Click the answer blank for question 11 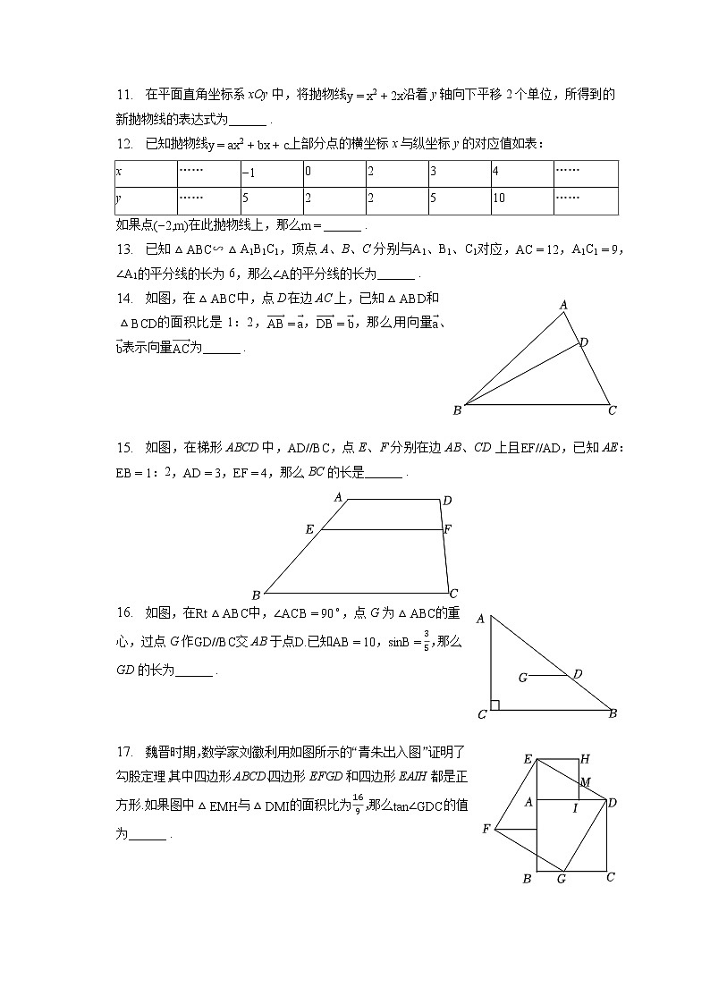[x=253, y=121]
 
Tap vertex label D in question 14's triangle [x=584, y=342]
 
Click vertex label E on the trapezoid [x=309, y=529]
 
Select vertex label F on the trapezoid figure [x=448, y=529]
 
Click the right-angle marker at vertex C [x=494, y=704]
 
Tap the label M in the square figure [x=585, y=782]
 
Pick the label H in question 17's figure [x=585, y=759]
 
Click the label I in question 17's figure [x=575, y=807]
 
